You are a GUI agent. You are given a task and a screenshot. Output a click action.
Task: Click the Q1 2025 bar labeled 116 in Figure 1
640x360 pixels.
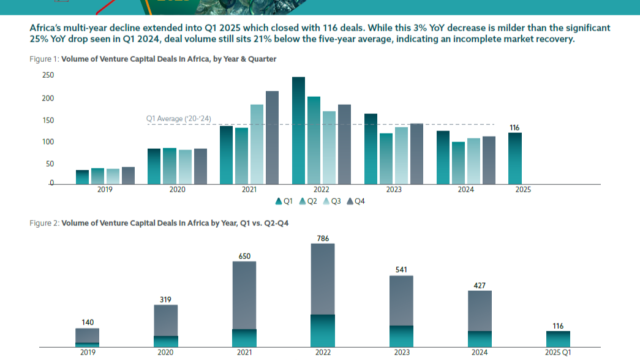click(x=515, y=158)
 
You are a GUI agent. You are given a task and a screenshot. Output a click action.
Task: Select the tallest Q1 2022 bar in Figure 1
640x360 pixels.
click(x=298, y=130)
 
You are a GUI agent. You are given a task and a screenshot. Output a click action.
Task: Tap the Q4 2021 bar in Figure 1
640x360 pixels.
click(x=272, y=137)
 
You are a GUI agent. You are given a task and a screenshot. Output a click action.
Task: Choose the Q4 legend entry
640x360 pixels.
click(x=358, y=201)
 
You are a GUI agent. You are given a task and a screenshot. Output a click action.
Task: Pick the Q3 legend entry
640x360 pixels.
click(x=333, y=201)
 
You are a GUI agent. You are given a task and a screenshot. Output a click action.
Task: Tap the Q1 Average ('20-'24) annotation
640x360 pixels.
click(x=178, y=118)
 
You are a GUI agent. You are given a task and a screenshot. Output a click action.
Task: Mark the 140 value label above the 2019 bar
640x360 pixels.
click(x=87, y=321)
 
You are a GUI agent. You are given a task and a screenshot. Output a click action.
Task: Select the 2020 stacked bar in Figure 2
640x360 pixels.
click(x=166, y=325)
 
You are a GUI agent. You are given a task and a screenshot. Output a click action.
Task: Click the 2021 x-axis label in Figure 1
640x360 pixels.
click(x=249, y=188)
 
